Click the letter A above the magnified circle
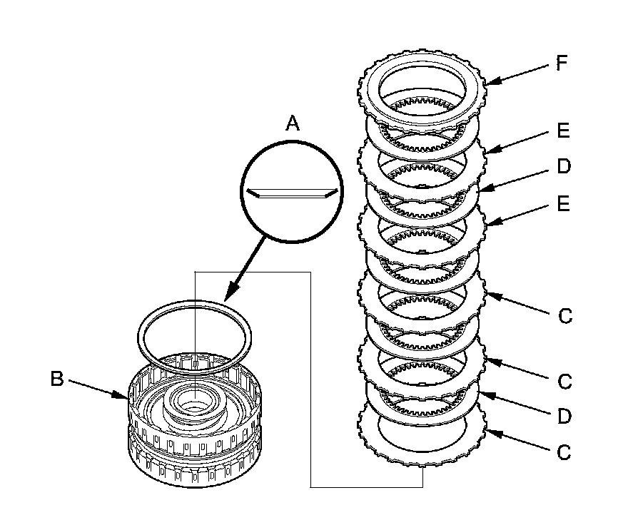pos(293,124)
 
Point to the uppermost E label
pos(563,132)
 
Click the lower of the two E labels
pos(563,205)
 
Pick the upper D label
pos(563,167)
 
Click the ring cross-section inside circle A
pos(289,193)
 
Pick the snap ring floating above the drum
pos(194,330)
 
